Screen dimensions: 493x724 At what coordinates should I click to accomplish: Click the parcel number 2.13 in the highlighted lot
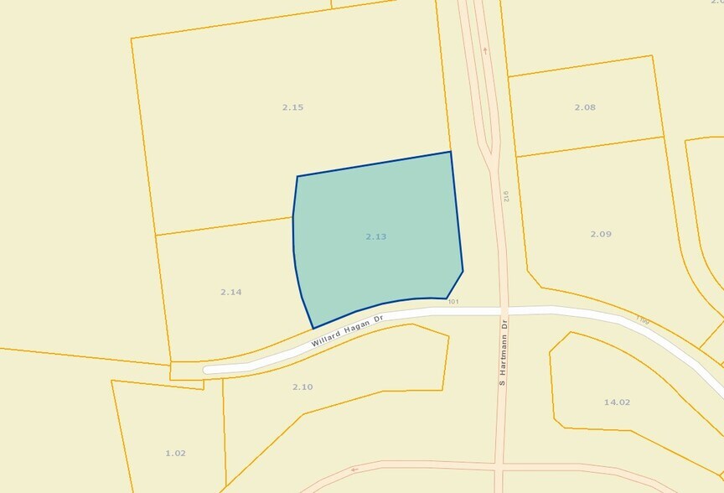[375, 237]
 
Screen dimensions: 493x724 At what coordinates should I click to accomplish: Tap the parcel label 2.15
[292, 107]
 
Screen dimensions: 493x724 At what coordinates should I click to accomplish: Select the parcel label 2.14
[230, 292]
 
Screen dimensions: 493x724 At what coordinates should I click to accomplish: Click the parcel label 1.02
[175, 454]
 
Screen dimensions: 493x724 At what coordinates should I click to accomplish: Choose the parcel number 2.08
[585, 107]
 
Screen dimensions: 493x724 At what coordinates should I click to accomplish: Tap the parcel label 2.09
[600, 234]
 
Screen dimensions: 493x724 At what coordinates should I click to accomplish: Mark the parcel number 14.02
[617, 402]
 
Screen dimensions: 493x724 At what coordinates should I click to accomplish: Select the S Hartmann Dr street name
[504, 351]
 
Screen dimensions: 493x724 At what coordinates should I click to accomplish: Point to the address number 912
[506, 196]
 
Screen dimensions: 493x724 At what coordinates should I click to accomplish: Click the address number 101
[453, 302]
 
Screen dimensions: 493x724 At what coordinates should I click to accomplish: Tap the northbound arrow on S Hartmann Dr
[484, 50]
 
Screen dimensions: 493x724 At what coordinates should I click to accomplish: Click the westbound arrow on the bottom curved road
[354, 470]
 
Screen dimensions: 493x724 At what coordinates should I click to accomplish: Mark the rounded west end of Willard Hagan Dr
[208, 369]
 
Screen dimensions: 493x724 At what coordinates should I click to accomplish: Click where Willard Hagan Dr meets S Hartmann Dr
[504, 311]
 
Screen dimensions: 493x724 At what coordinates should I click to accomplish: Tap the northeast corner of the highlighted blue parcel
[451, 152]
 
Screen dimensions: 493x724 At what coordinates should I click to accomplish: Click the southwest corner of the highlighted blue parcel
[313, 328]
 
